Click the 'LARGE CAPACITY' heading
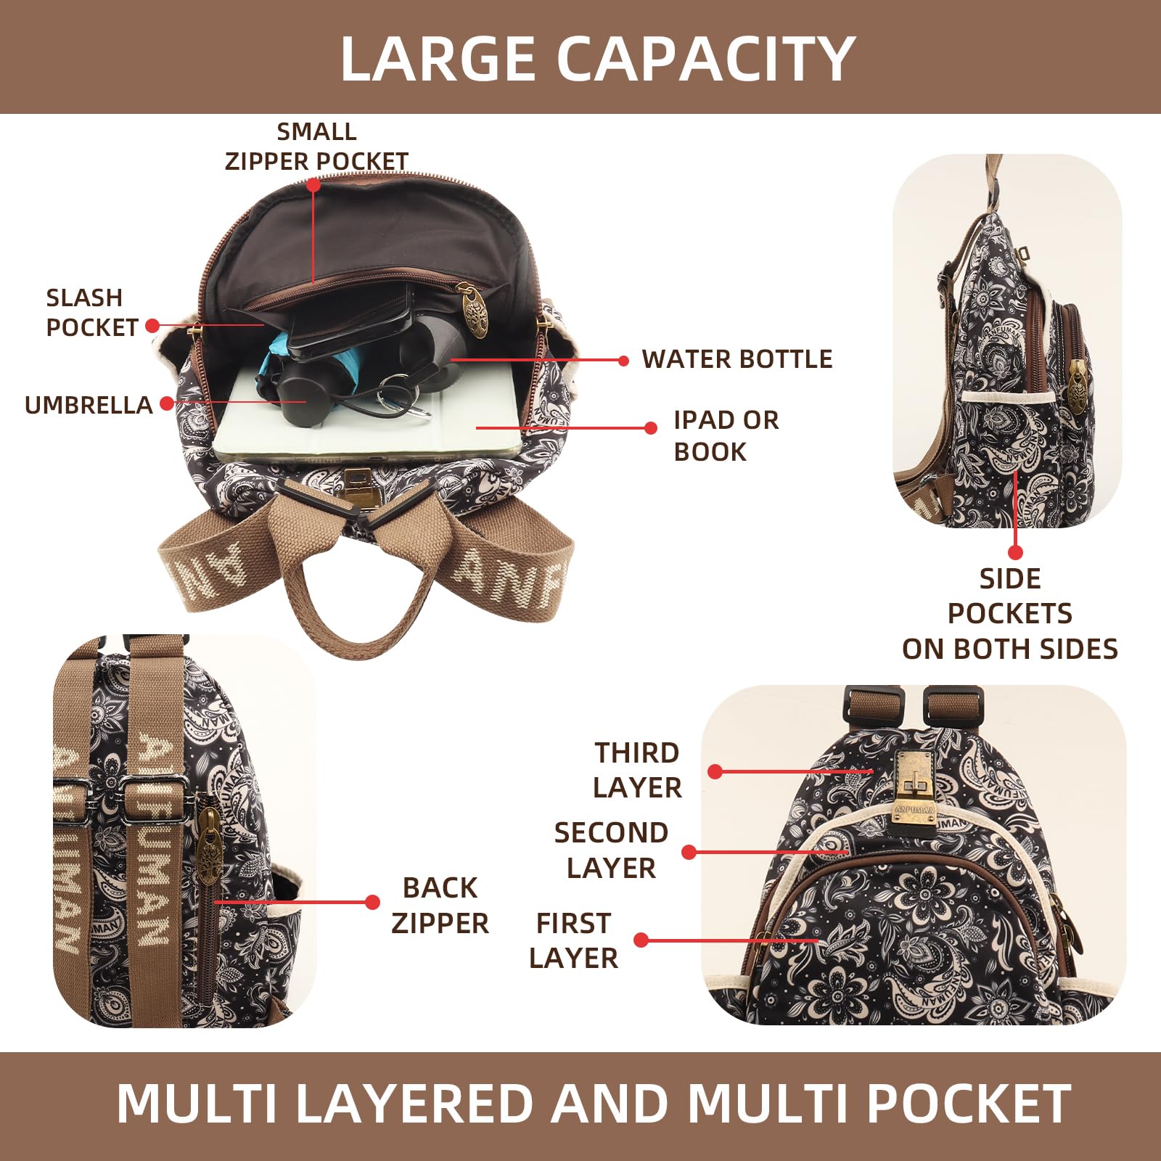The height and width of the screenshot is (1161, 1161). pyautogui.click(x=597, y=58)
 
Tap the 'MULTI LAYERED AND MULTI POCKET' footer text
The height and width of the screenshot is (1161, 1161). pyautogui.click(x=594, y=1104)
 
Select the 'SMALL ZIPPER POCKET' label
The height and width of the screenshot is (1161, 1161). pyautogui.click(x=316, y=146)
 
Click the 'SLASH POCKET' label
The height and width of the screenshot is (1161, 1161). pyautogui.click(x=91, y=312)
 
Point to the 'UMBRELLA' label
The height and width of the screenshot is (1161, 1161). pyautogui.click(x=88, y=405)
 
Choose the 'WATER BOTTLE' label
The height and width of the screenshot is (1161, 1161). pyautogui.click(x=737, y=359)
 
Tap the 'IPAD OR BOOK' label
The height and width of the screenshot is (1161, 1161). pyautogui.click(x=726, y=435)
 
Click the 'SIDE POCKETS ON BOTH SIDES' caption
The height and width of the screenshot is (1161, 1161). pyautogui.click(x=1009, y=613)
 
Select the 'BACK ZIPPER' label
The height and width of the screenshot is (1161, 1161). pyautogui.click(x=440, y=905)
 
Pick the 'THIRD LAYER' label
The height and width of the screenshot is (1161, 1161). pyautogui.click(x=637, y=770)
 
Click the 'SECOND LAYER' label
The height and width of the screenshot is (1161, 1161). pyautogui.click(x=611, y=850)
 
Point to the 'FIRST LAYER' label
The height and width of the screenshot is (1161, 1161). pyautogui.click(x=573, y=940)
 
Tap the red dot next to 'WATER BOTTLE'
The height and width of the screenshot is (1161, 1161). pyautogui.click(x=623, y=361)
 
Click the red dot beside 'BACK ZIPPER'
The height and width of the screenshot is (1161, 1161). pyautogui.click(x=372, y=902)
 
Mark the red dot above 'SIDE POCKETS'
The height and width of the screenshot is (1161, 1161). pyautogui.click(x=1016, y=553)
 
